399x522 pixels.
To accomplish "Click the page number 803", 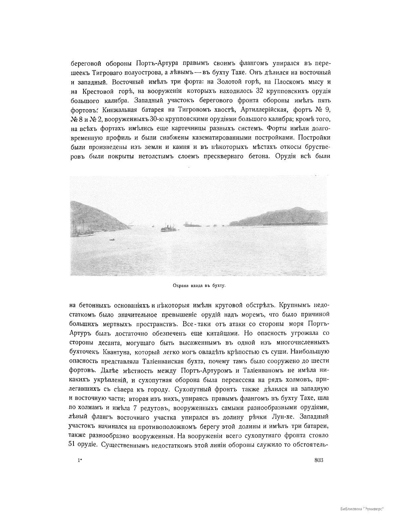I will [x=318, y=460].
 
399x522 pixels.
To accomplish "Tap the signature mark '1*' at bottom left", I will [x=79, y=460].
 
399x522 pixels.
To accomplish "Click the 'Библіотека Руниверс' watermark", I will [x=362, y=509].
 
